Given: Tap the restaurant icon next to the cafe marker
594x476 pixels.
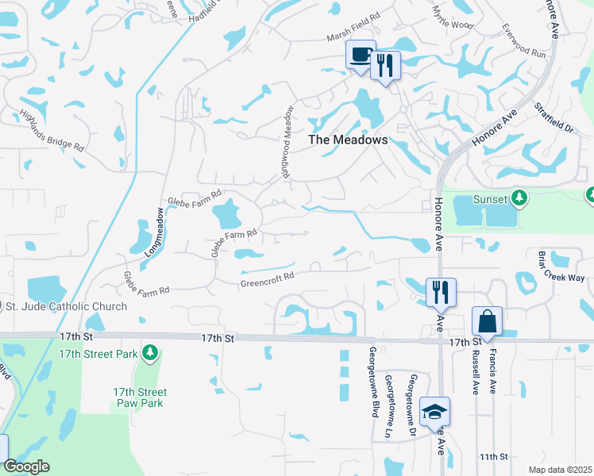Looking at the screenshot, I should coord(385,64).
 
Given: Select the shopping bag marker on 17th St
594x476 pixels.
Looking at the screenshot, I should coord(486,321).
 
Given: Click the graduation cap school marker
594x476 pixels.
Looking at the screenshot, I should coord(434,412).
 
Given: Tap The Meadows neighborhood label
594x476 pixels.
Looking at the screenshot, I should coord(348,140).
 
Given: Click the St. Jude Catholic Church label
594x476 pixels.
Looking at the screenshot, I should coord(67,307).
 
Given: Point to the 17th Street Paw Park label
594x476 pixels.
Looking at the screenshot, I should coord(140,398).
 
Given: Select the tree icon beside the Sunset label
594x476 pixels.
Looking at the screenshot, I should coord(520,198).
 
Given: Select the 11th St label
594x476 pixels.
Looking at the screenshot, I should coord(492,457).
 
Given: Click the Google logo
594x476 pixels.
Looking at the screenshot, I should coord(27,467).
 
